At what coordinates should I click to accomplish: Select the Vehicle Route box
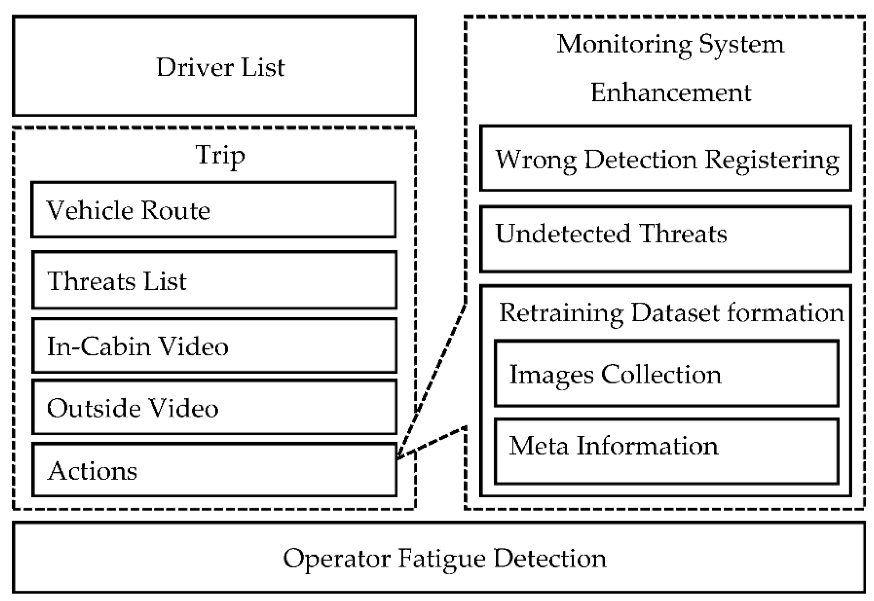(214, 210)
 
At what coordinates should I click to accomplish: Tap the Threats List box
(214, 280)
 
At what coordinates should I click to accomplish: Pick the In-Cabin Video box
(214, 346)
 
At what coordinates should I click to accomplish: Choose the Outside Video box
(214, 407)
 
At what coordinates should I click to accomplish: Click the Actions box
(214, 470)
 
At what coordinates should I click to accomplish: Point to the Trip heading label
(220, 155)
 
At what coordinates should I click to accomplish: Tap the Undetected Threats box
(665, 239)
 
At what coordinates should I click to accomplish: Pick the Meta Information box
(666, 452)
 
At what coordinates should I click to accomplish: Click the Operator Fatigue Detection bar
(439, 558)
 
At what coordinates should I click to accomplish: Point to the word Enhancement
(671, 92)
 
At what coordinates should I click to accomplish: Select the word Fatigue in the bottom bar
(441, 559)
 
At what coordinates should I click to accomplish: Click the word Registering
(771, 160)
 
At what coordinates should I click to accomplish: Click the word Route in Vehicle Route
(176, 210)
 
